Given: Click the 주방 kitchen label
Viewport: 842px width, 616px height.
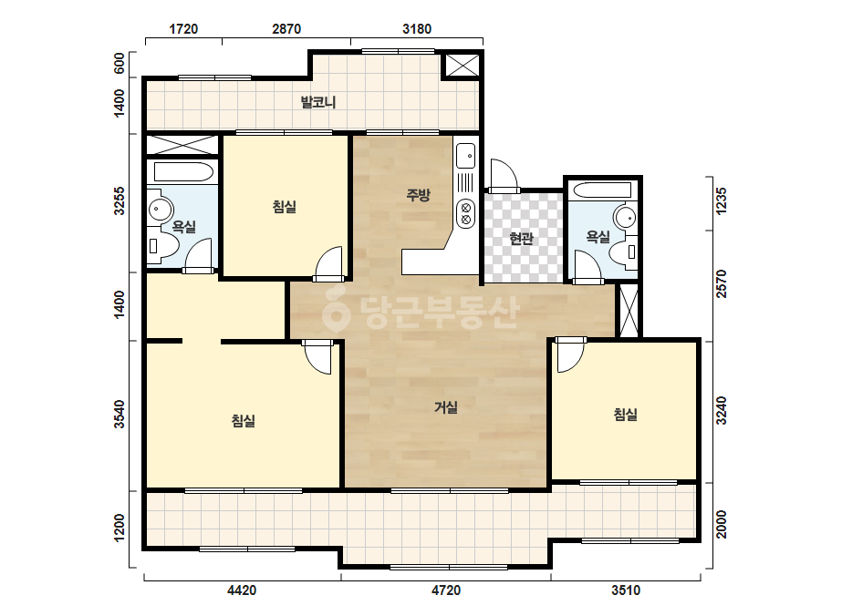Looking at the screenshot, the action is click(419, 195).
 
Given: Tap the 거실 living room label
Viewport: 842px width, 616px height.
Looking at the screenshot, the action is click(446, 407).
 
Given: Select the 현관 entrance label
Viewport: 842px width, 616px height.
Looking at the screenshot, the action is click(521, 238).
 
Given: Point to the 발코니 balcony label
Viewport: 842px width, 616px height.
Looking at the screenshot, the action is click(318, 102).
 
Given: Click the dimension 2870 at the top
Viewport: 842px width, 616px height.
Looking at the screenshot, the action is click(286, 29).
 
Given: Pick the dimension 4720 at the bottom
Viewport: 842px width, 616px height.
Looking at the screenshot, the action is click(446, 590).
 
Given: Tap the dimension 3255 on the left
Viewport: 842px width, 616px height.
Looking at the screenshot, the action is click(120, 200).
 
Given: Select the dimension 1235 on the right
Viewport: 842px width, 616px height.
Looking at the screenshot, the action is click(722, 200).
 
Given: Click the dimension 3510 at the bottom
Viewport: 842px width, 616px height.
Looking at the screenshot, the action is click(626, 590).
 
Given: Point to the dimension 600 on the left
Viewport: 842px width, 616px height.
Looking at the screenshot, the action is click(120, 63).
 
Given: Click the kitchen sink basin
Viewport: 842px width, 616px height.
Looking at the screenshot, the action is click(465, 156).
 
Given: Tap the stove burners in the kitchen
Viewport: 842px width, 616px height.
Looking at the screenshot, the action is click(465, 213).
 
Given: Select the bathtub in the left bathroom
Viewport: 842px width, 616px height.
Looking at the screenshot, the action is click(183, 172).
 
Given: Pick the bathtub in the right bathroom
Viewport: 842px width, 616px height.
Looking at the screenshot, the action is click(602, 190).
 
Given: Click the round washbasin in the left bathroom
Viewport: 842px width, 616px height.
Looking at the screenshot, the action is click(161, 210).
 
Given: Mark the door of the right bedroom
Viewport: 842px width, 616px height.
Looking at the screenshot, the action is click(570, 354).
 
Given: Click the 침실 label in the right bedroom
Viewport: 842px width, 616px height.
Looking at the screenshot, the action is click(626, 415).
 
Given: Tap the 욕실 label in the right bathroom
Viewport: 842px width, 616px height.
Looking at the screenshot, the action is click(598, 236).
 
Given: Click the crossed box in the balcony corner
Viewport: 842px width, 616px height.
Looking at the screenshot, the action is click(462, 66).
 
